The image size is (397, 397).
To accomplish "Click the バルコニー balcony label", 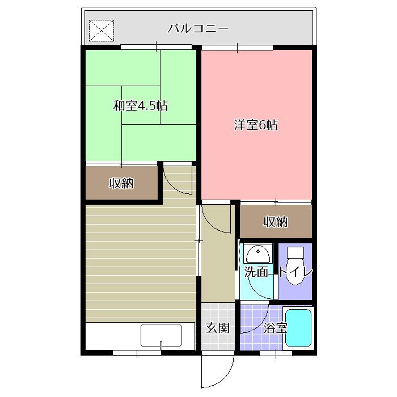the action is pos(198,28).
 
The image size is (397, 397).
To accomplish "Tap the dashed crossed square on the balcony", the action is pos(102,31).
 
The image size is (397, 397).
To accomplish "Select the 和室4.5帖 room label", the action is pos(141,106).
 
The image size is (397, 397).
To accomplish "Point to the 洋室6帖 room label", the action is pos(256,125).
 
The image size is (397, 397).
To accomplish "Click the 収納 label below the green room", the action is pos(121,183).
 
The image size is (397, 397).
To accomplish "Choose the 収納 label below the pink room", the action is pos(276,222).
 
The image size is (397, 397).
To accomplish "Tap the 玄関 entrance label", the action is pos(217,328).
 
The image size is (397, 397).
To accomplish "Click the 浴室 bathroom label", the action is pos(275,328).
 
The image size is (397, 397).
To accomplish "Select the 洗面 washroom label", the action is pos(256,272).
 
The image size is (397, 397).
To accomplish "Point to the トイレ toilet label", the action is pos(295,272).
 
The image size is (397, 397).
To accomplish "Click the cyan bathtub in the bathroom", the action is pos(298,328).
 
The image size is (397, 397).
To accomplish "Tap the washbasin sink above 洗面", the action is pos(258,254).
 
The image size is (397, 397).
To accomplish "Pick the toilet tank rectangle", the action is pos(295,252).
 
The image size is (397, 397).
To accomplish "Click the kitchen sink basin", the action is pos(161,336).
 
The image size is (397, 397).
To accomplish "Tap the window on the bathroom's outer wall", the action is pos(276,353).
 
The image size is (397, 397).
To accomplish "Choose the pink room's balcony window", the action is pos(237,47).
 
